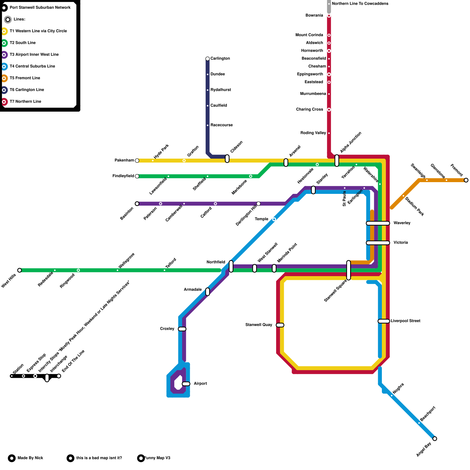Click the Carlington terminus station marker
click(208, 59)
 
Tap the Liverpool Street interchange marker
click(384, 321)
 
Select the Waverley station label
click(402, 223)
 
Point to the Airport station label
click(200, 384)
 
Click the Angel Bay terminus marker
click(435, 439)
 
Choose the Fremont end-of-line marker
click(466, 180)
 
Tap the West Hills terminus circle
click(19, 270)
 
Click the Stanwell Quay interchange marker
click(280, 325)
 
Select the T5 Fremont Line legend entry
click(25, 78)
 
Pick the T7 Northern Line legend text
click(26, 102)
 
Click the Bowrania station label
click(314, 15)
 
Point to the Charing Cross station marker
click(329, 110)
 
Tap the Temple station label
click(261, 219)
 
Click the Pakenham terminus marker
click(137, 160)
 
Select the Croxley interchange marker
click(182, 329)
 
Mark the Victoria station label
click(401, 243)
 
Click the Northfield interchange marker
click(231, 266)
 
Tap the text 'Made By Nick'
click(30, 458)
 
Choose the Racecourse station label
click(221, 125)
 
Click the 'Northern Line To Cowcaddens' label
click(360, 4)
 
